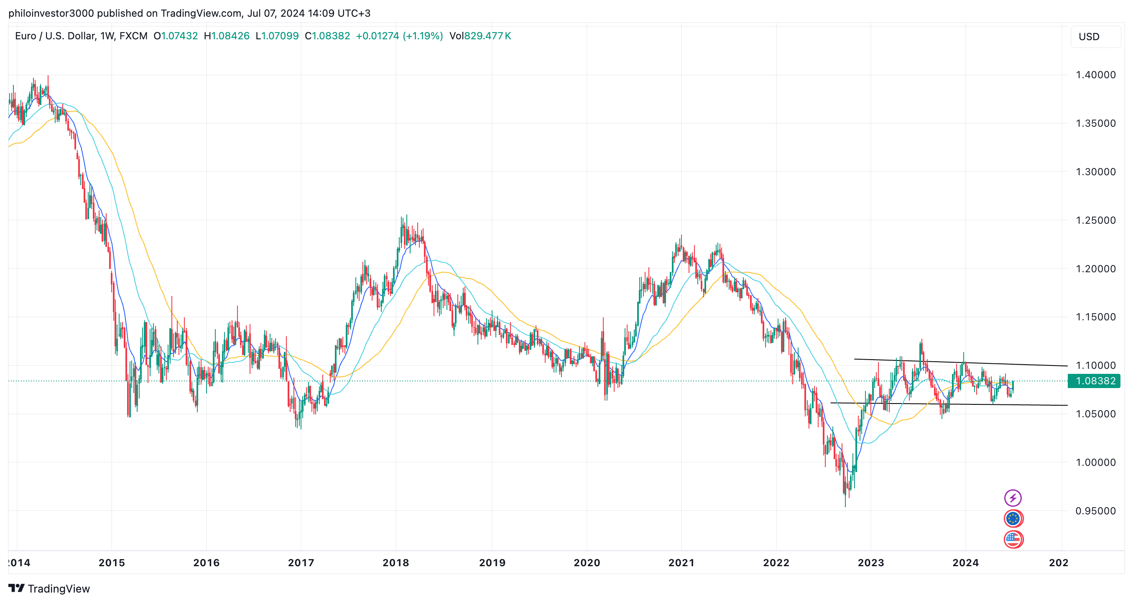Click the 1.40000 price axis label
coord(1095,75)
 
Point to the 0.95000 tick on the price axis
coord(1095,511)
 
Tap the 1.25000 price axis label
coord(1095,220)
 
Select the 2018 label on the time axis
coord(396,562)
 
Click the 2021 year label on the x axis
coord(681,562)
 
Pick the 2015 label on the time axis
coord(112,562)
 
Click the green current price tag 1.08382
coord(1095,381)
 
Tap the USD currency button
coord(1095,37)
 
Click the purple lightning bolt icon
coord(1013,498)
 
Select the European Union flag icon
coord(1013,519)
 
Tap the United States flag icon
coord(1013,539)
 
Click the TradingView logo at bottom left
coord(49,588)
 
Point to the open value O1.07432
coord(176,36)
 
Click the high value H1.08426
coord(227,36)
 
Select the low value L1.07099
coord(277,36)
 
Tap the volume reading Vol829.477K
coord(480,36)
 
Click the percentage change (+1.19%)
coord(423,36)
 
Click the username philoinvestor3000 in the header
coord(51,13)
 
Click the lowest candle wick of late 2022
coord(845,505)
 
